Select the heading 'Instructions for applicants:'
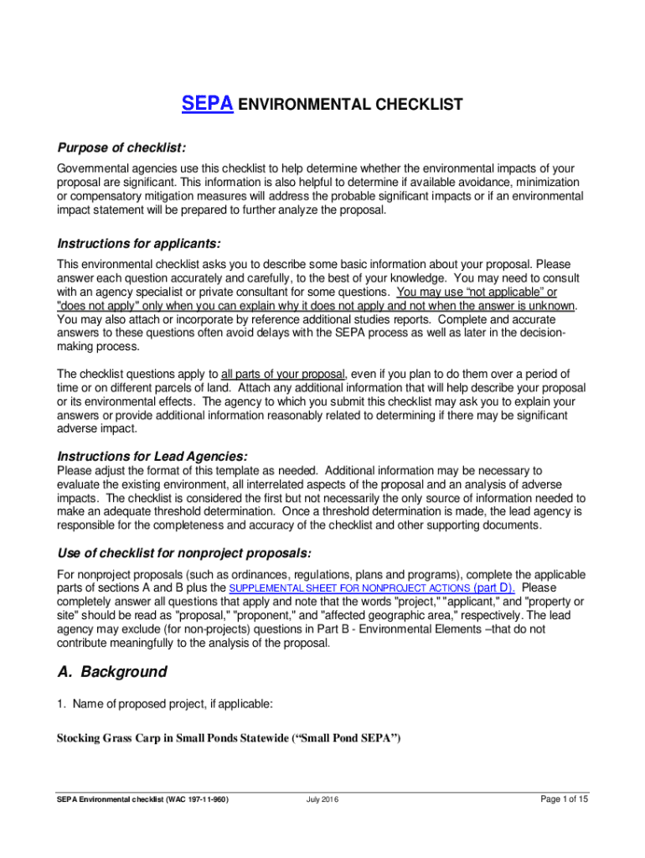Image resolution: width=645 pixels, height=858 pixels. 138,244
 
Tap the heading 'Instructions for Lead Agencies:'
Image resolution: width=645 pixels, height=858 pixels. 152,457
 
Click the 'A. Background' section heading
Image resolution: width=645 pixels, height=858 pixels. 111,672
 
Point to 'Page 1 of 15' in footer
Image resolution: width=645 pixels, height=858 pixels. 564,799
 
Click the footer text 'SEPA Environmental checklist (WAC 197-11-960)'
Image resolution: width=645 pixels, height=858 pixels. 143,799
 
